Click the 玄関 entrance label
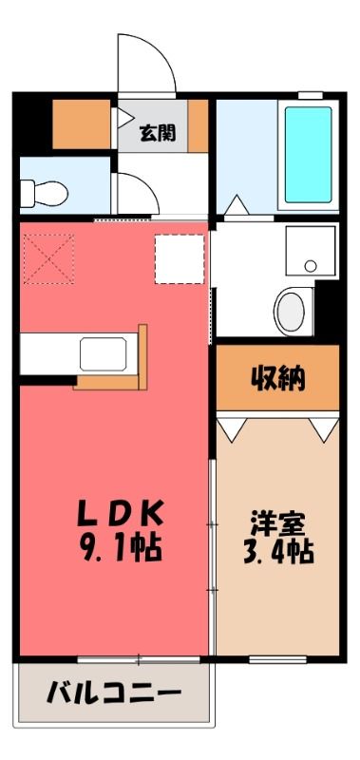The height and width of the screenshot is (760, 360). click(x=158, y=133)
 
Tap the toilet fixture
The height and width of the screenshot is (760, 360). click(x=44, y=194)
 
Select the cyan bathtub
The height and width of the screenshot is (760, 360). click(x=308, y=155)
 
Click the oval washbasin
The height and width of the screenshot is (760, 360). click(x=293, y=311)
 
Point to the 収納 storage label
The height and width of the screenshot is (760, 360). click(x=277, y=379)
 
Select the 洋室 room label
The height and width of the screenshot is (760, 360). click(x=277, y=525)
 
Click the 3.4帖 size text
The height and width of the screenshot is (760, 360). click(x=277, y=552)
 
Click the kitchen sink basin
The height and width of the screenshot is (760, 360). click(x=104, y=354)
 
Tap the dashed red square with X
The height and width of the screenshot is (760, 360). click(x=49, y=258)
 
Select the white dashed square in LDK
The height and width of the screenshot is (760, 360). click(x=180, y=258)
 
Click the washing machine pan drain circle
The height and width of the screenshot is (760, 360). click(x=311, y=266)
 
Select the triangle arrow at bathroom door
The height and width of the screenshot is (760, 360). click(x=237, y=204)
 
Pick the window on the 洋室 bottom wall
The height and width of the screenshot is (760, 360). click(x=278, y=659)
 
